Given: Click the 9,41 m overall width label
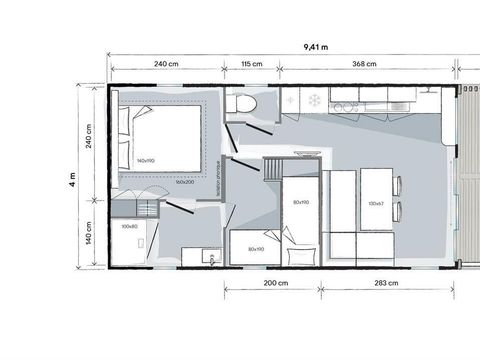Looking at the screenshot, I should pos(319,46).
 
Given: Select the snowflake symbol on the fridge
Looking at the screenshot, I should pos(314,101).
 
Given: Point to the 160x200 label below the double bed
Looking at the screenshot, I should pos(184,182).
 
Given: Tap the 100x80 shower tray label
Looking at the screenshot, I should pos(129,226).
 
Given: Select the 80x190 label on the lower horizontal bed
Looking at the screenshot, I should pos(254,248).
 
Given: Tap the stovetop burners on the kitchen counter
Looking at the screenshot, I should pos(349,103).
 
